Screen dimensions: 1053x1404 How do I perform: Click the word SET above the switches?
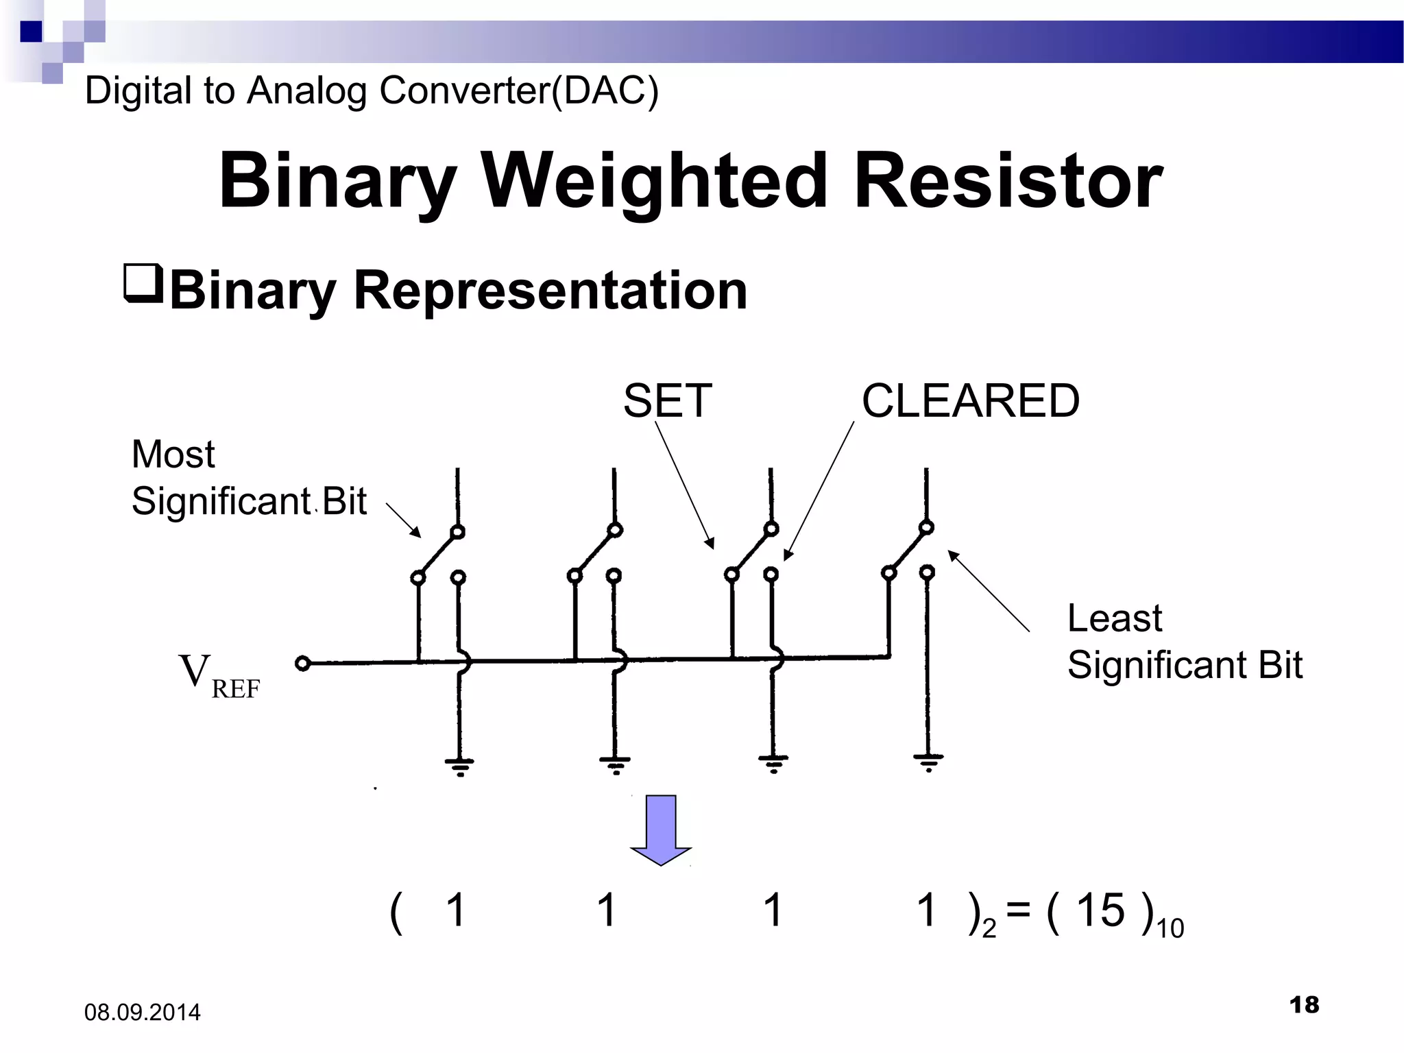[667, 401]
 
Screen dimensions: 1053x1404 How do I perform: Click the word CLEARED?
[970, 401]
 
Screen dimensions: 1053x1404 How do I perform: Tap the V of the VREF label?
[194, 671]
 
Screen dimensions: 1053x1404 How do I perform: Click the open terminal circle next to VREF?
[302, 663]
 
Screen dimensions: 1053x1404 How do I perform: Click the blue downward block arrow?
[661, 830]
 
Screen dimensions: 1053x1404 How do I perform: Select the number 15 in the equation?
[1100, 910]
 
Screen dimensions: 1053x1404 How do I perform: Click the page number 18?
[1303, 1005]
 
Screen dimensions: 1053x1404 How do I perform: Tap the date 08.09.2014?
[142, 1013]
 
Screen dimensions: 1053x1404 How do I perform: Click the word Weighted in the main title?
[655, 181]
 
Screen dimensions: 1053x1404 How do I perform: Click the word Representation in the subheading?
[549, 291]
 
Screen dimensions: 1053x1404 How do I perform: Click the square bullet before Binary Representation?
[143, 282]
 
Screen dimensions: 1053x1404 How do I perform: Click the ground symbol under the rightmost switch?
[928, 762]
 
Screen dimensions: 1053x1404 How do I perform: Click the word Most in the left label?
[173, 455]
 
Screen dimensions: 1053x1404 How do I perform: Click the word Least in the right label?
[1114, 618]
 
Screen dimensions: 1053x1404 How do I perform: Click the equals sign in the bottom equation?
[1018, 910]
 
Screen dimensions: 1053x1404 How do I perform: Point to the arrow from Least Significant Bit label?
[988, 590]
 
